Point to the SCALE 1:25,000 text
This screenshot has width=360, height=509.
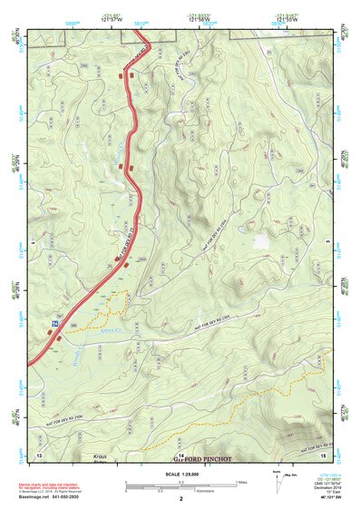tap(180, 475)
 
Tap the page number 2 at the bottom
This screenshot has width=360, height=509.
tap(181, 499)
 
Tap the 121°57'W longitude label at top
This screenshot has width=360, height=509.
tap(112, 21)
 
